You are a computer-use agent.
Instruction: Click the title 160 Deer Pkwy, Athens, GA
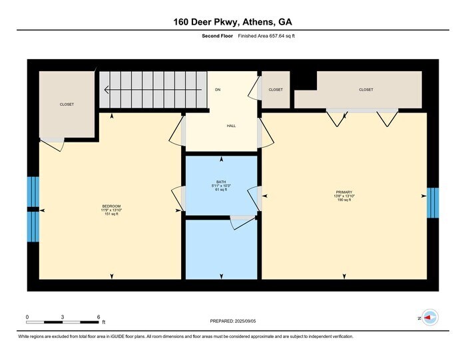coord(232,21)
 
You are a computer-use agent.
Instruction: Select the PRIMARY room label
coord(344,192)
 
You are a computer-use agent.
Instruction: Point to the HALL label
coord(231,126)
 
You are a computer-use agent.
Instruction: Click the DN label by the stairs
coord(217,89)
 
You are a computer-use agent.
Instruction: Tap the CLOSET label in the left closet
coord(67,104)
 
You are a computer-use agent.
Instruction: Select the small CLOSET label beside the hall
coord(276,90)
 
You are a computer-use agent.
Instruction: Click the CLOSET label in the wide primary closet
coord(366,90)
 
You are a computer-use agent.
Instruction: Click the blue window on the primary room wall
coord(433,203)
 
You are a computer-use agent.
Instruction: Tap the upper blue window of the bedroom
coord(33,192)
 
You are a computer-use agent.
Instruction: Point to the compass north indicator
coord(429,319)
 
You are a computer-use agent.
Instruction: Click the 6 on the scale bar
coord(98,317)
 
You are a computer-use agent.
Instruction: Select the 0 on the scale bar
coord(27,317)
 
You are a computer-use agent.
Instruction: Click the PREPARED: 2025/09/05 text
coord(232,321)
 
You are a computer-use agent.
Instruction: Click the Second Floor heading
coord(216,36)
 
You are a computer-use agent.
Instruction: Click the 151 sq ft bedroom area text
coord(110,214)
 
